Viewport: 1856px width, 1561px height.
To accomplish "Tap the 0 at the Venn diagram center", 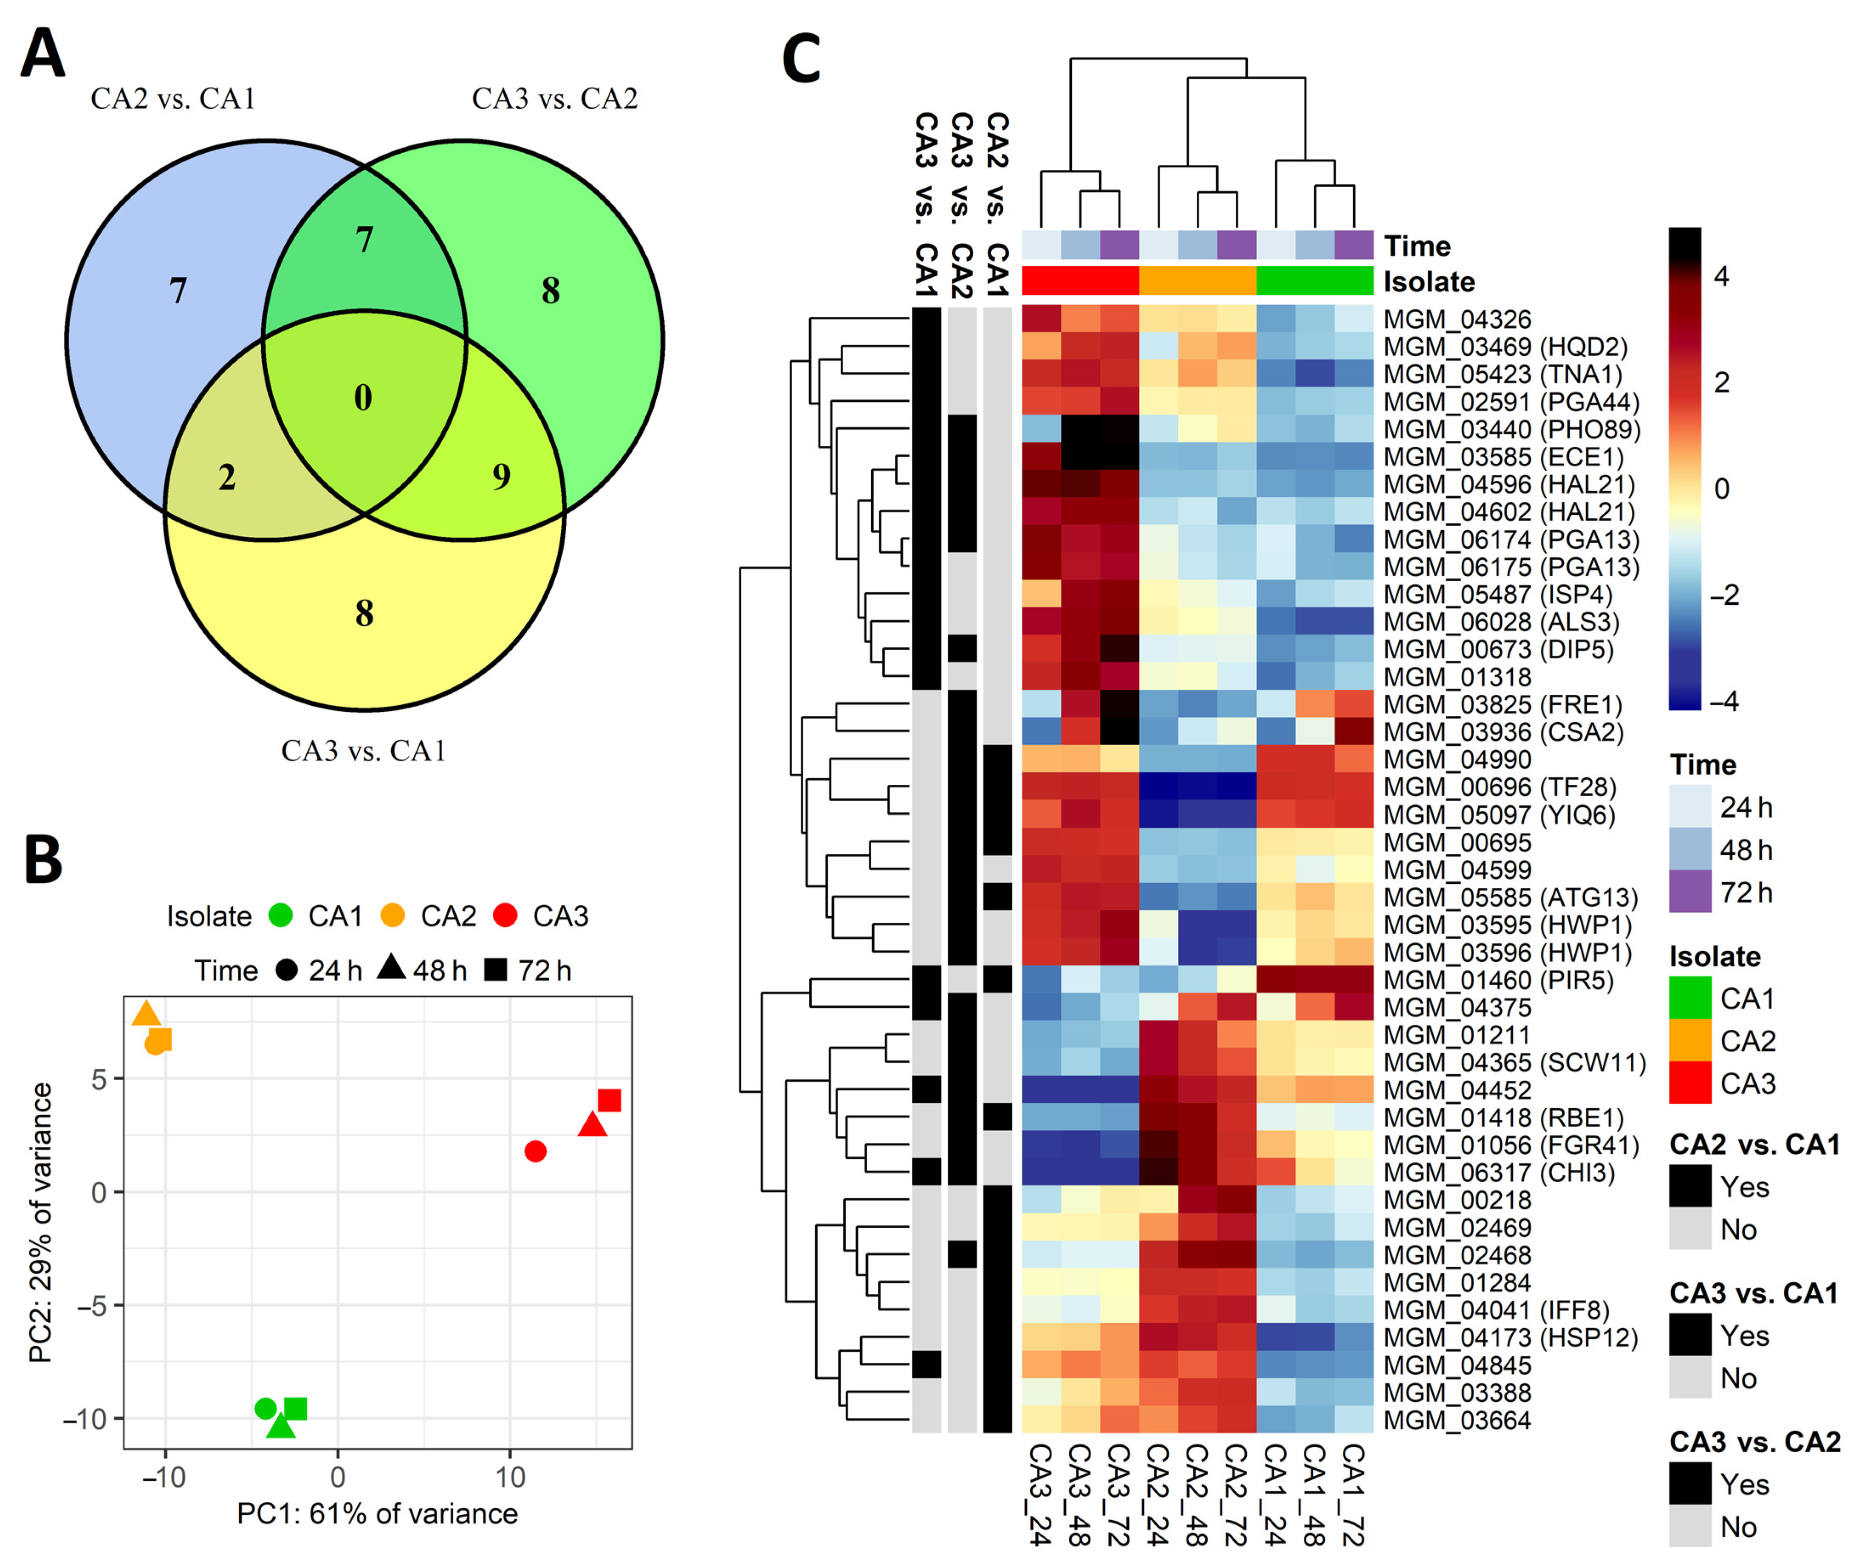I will pos(363,397).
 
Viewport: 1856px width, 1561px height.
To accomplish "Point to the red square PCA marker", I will pos(609,1100).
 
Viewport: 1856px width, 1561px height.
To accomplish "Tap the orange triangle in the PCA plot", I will pos(146,1014).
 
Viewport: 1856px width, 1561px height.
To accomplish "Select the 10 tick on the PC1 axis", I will pos(510,1476).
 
